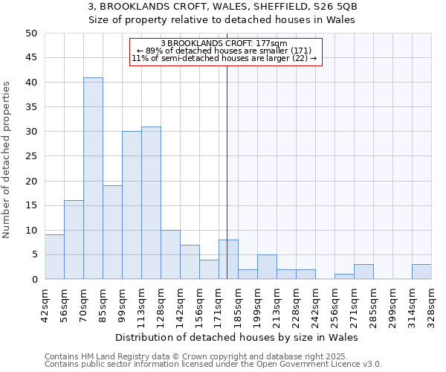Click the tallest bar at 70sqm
[x=93, y=179]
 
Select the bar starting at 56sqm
[x=74, y=240]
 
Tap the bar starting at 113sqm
[x=151, y=203]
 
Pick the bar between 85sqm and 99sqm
[x=112, y=232]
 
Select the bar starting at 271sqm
[x=363, y=272]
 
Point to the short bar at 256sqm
[x=344, y=277]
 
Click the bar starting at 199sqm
[x=267, y=267]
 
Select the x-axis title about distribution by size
[x=238, y=337]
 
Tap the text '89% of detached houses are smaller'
[x=233, y=51]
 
